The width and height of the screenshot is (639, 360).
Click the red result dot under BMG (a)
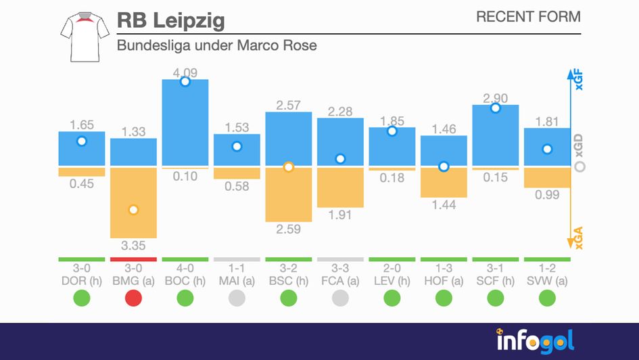click(133, 297)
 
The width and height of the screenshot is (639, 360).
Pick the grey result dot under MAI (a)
click(237, 297)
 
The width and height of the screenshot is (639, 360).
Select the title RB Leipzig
click(170, 20)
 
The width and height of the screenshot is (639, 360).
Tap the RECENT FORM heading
click(528, 17)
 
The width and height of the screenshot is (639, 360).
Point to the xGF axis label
click(579, 81)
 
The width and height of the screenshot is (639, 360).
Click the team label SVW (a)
click(547, 280)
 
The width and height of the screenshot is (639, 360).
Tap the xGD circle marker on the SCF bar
click(496, 108)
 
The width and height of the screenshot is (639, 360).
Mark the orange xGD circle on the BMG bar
click(133, 210)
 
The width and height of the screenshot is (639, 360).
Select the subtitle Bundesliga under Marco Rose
click(216, 46)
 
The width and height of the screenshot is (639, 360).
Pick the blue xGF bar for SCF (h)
click(496, 135)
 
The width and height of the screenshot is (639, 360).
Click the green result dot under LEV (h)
click(392, 297)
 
